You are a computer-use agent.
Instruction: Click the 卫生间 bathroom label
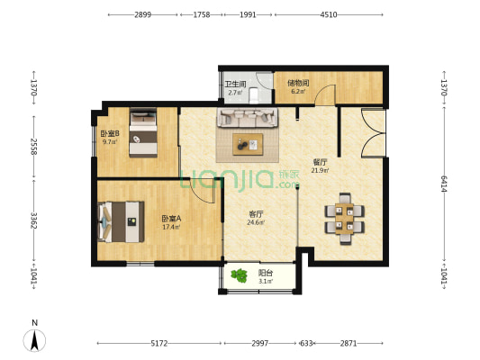tap(235, 84)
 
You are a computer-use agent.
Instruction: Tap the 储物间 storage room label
tap(298, 83)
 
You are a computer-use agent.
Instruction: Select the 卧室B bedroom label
tap(110, 134)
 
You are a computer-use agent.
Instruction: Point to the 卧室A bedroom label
tap(171, 219)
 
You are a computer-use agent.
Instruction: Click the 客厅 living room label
tap(256, 214)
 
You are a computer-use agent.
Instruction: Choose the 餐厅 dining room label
tap(320, 162)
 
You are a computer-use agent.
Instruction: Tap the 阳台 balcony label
tap(266, 273)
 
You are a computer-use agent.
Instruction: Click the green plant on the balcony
tap(239, 275)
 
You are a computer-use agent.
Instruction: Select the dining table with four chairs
tap(344, 219)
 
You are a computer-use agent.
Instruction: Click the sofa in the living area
tap(248, 118)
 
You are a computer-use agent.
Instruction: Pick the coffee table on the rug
tap(248, 144)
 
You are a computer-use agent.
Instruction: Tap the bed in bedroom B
tap(143, 132)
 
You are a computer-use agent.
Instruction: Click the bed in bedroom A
tap(121, 221)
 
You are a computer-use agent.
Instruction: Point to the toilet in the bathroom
tap(254, 95)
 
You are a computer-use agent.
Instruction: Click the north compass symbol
tap(34, 340)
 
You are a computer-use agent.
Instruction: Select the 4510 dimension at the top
tap(329, 14)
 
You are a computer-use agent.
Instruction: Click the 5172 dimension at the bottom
tap(159, 343)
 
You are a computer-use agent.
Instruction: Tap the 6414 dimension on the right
tap(444, 184)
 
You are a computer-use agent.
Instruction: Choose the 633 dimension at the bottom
tap(306, 343)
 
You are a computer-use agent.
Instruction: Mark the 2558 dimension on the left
tap(33, 146)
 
